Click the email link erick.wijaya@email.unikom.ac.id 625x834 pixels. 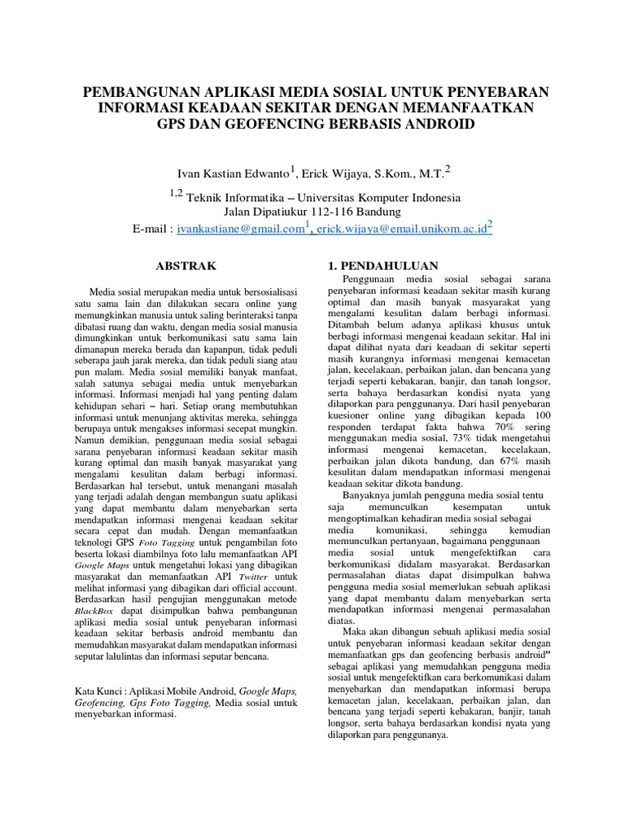(x=400, y=230)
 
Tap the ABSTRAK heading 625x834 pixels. (x=186, y=266)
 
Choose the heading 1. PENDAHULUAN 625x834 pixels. (x=382, y=266)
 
